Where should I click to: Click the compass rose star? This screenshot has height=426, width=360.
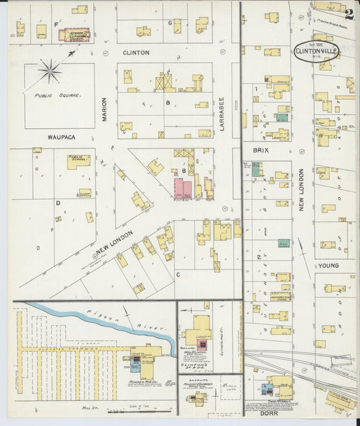49,71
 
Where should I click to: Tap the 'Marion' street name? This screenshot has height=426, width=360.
105,110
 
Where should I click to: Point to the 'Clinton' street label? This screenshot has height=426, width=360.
136,52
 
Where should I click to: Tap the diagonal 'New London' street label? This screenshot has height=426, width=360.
114,242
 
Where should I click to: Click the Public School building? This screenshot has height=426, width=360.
78,161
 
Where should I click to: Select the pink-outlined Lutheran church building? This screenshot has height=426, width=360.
72,34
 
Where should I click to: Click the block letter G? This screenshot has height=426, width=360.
170,23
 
